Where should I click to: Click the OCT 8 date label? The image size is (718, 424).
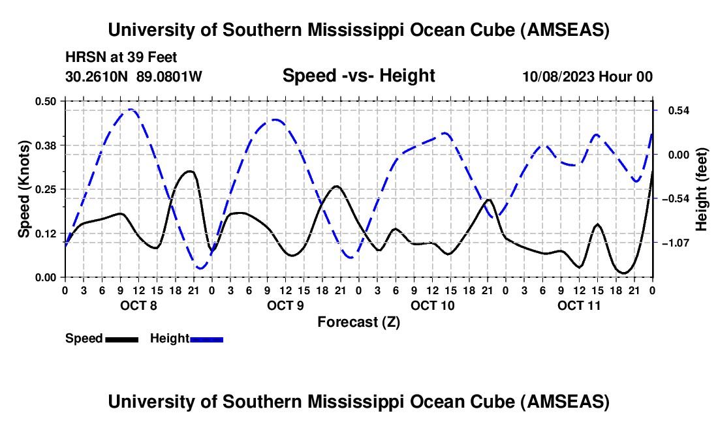138,305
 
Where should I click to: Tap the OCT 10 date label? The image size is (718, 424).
432,305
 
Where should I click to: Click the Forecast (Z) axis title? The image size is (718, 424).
358,322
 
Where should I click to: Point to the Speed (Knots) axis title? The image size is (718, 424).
24,189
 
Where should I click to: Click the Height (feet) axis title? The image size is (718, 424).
702,189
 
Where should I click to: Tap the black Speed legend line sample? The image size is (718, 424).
121,339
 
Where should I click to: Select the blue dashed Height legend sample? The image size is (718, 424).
206,339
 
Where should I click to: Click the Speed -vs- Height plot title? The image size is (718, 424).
358,76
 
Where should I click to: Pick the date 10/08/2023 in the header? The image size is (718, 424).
559,76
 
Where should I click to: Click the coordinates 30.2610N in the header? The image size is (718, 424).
98,76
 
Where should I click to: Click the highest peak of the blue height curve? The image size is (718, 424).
131,110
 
